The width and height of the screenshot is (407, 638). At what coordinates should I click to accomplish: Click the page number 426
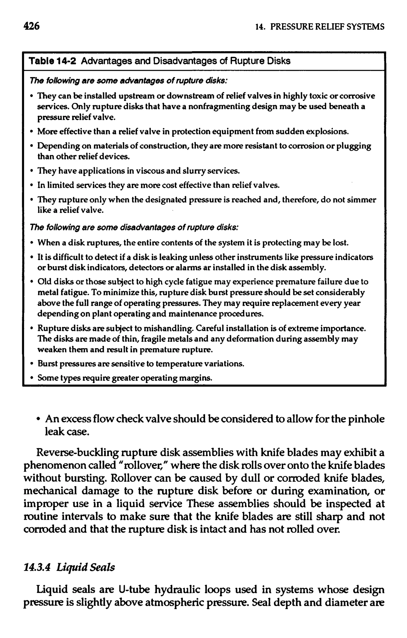click(x=31, y=26)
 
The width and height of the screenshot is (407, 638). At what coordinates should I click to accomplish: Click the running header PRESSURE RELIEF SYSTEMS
click(x=327, y=27)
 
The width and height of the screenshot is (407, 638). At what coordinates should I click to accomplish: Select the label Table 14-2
click(x=52, y=61)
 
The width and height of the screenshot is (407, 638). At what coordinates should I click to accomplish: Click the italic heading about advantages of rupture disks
click(x=129, y=80)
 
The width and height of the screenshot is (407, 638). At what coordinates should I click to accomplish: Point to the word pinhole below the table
click(x=366, y=419)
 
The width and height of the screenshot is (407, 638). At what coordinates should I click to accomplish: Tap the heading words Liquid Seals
click(x=86, y=568)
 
